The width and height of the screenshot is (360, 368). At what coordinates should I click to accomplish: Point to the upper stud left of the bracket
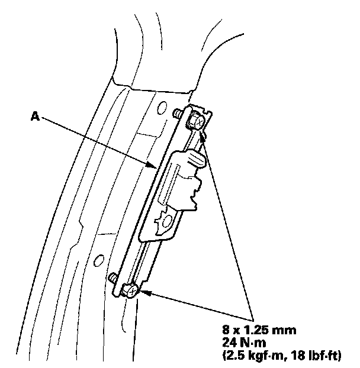[177, 112]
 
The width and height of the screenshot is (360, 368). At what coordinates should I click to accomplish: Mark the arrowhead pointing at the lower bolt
[143, 290]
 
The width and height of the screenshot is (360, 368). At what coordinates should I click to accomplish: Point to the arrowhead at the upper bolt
[202, 137]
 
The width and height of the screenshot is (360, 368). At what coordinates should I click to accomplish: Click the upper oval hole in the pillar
[162, 107]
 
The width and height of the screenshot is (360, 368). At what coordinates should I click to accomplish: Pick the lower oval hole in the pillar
[100, 258]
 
